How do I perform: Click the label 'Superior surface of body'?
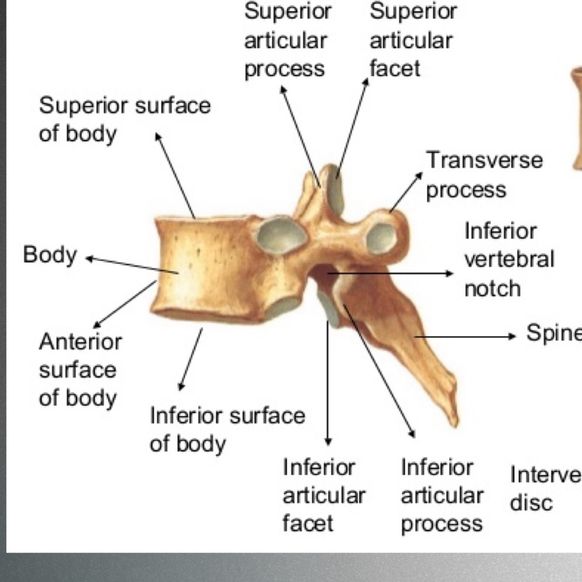pos(124,119)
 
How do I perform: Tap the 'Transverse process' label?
pos(484,175)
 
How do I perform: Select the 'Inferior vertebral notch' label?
pos(509,260)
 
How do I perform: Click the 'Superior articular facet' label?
pos(412,40)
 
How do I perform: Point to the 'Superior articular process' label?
pos(287,40)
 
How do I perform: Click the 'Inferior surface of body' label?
pos(227,429)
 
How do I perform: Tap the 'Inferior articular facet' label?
pos(323,495)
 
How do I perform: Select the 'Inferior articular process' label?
pos(442,495)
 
